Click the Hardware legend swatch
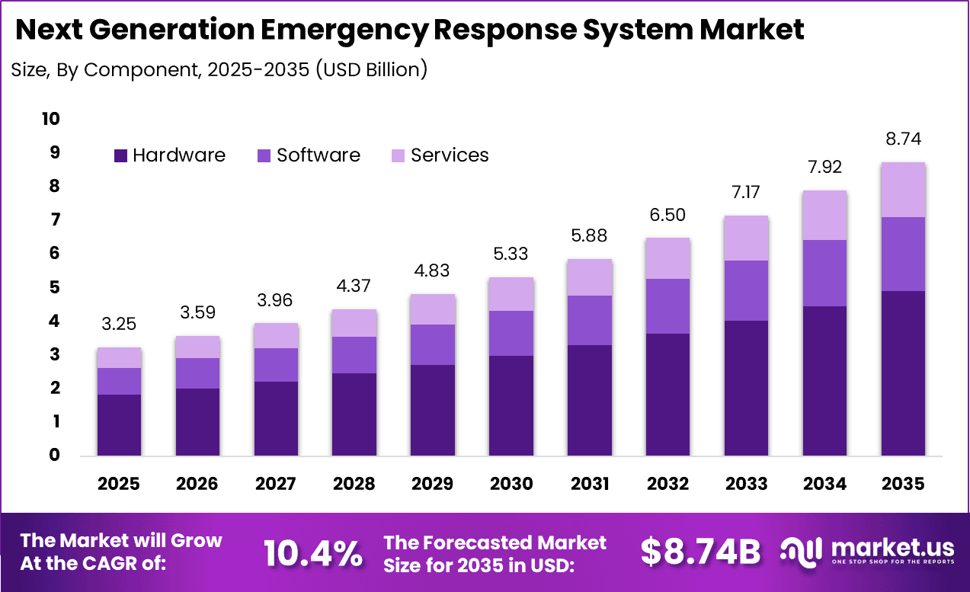pos(120,155)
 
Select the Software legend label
pos(318,155)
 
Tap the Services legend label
pos(450,155)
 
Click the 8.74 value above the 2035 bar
pos(903,139)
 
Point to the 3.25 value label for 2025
pos(119,325)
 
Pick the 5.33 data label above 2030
pos(511,254)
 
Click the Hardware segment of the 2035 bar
pos(903,373)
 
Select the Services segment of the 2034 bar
pos(824,215)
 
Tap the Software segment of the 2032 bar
pos(667,306)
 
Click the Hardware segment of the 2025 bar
pos(119,424)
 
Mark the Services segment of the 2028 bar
pos(354,323)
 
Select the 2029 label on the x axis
pos(432,484)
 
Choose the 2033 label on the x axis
pos(746,484)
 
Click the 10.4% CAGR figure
pos(313,553)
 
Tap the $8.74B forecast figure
pos(700,553)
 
